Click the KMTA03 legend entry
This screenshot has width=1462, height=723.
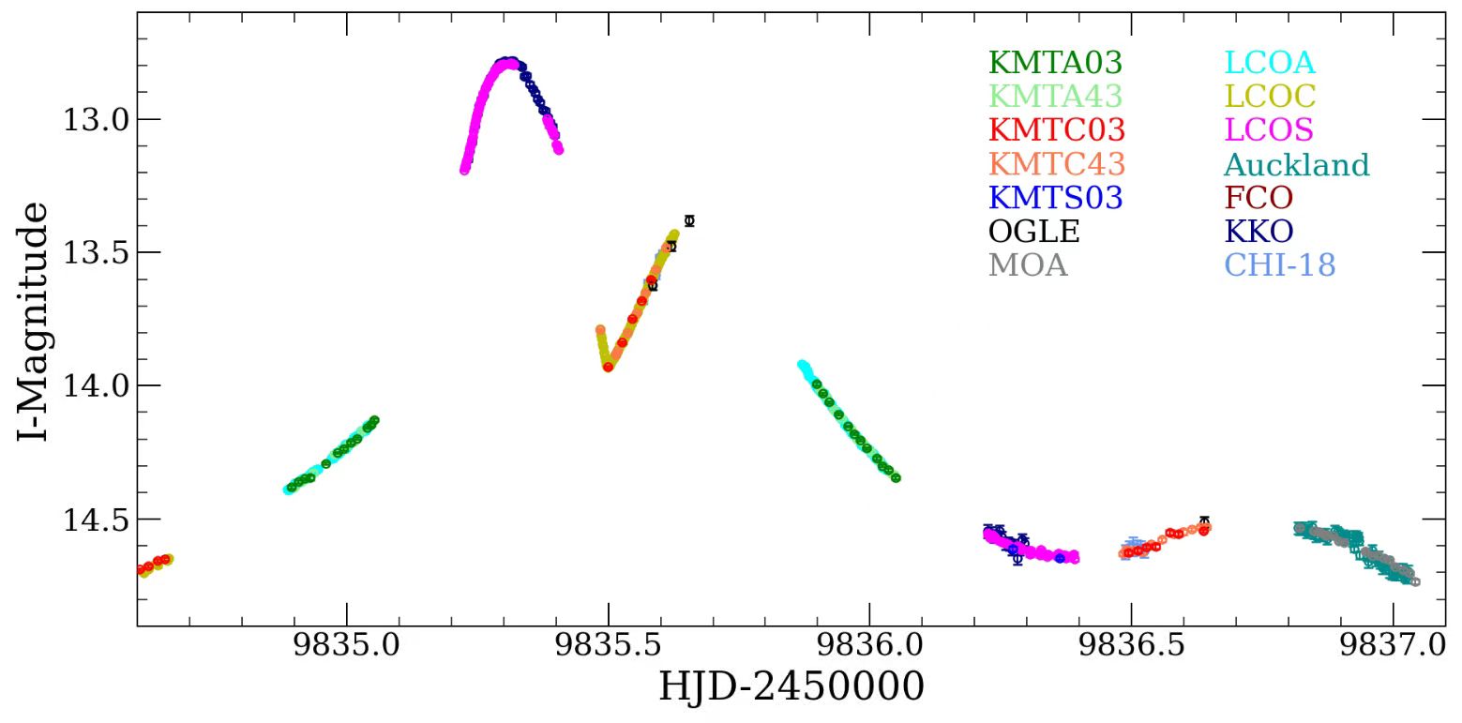click(x=1055, y=63)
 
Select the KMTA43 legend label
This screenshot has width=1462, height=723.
click(x=1055, y=96)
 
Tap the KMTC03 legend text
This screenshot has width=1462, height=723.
click(x=1056, y=129)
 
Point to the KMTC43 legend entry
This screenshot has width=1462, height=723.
click(x=1056, y=164)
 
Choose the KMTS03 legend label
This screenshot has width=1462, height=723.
click(x=1055, y=198)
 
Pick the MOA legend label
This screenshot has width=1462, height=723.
click(x=1028, y=265)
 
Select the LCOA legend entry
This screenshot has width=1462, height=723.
click(x=1270, y=63)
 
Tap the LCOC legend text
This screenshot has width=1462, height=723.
click(x=1270, y=96)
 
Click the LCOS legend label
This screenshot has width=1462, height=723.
click(x=1269, y=129)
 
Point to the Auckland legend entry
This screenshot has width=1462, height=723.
click(x=1296, y=165)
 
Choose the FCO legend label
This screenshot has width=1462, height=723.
click(x=1259, y=198)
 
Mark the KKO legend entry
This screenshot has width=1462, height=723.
click(x=1259, y=232)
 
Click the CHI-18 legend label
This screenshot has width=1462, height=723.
click(x=1279, y=265)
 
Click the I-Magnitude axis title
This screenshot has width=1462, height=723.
click(x=33, y=321)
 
